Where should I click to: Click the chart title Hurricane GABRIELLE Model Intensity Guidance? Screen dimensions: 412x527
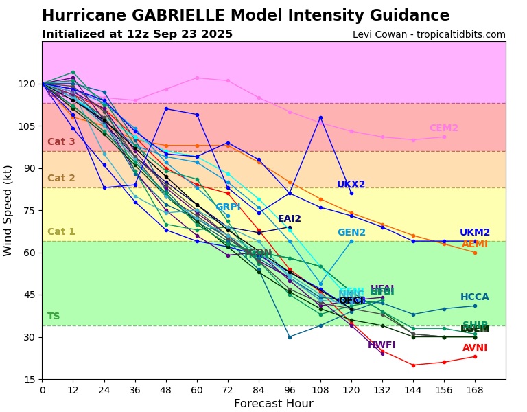tap(246, 16)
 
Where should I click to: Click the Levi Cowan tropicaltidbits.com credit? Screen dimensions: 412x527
tap(429, 35)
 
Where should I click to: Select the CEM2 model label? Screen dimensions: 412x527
tap(443, 128)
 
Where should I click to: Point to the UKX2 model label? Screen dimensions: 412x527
tap(351, 185)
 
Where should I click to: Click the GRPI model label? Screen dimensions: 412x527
tap(228, 207)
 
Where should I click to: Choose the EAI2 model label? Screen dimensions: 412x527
tap(289, 219)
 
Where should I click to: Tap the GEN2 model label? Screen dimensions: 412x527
tap(351, 233)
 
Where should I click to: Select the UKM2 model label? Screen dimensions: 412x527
tap(475, 233)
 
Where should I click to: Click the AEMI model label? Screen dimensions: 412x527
tap(475, 244)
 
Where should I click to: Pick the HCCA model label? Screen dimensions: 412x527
tap(475, 297)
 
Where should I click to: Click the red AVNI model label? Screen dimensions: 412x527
tap(475, 348)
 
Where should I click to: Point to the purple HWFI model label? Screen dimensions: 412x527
tap(382, 345)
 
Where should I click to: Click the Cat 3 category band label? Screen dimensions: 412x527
tap(61, 142)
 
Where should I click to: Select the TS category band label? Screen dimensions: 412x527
tap(54, 317)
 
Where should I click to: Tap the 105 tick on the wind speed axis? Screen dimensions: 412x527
tap(27, 126)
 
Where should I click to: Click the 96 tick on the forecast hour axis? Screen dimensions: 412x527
tap(290, 391)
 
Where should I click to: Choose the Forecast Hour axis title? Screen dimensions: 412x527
tap(273, 404)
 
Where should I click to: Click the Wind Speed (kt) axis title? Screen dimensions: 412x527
tap(8, 210)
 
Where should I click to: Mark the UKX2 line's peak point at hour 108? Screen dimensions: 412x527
tap(320, 117)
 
